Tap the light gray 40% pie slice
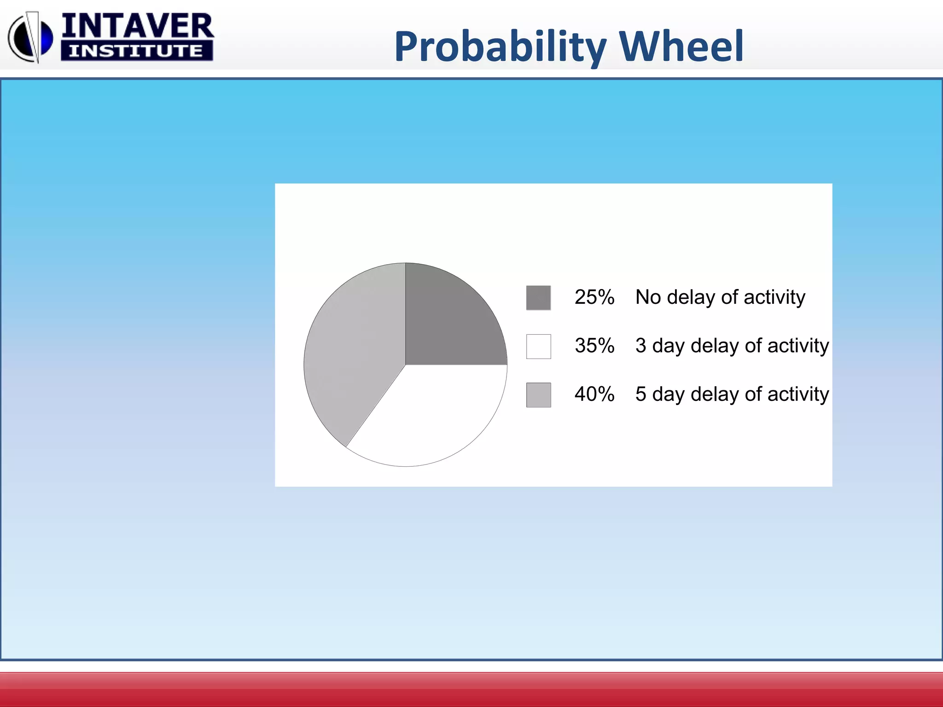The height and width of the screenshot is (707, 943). click(355, 350)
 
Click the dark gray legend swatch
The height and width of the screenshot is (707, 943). click(538, 298)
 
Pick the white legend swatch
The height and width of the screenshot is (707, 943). click(538, 346)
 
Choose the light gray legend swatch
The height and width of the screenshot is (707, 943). click(538, 395)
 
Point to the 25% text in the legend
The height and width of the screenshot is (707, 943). click(594, 297)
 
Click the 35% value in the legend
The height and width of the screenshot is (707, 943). click(594, 346)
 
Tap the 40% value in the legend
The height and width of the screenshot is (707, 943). click(594, 394)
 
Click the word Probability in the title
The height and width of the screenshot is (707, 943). click(500, 46)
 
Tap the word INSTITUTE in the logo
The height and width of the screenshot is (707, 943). click(136, 51)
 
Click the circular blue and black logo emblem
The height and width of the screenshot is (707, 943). click(30, 37)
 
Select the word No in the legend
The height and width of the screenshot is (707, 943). click(648, 297)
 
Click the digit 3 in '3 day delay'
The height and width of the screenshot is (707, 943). click(640, 346)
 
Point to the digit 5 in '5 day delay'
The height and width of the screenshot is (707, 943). click(640, 394)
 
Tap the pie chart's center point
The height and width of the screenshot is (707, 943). click(405, 365)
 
